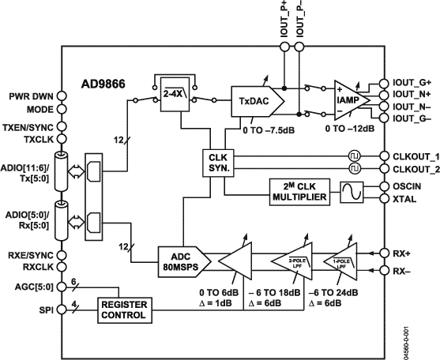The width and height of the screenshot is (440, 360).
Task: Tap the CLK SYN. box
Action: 213,162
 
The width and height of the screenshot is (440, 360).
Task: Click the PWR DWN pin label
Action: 30,96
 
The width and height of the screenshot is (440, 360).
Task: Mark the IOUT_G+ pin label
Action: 411,82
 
